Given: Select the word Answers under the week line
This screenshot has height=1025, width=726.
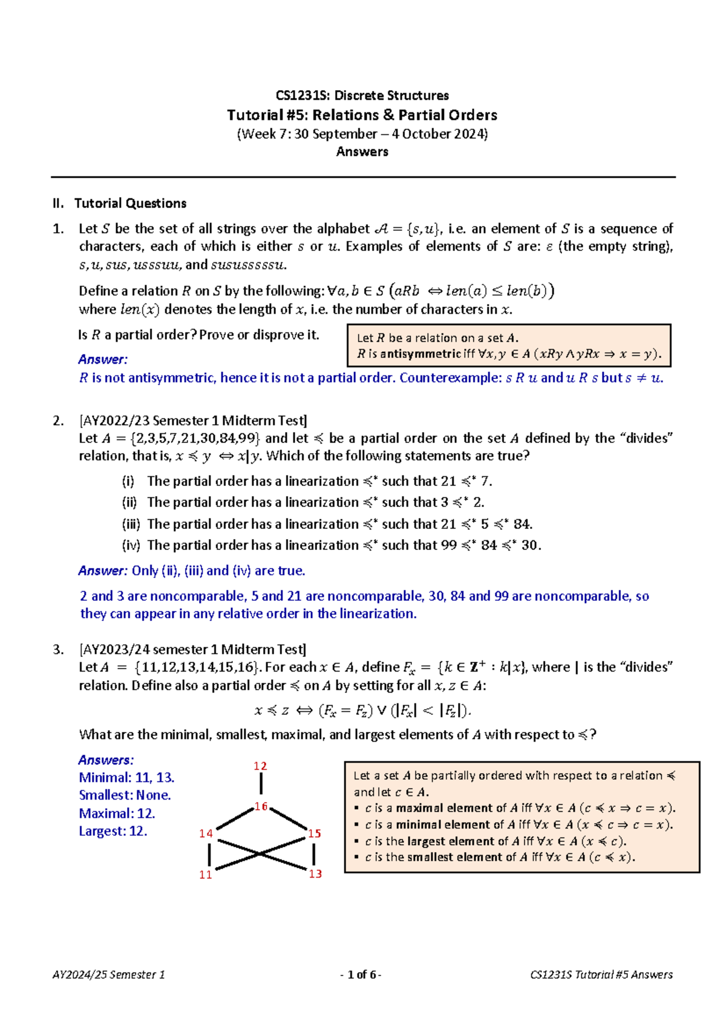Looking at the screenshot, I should [362, 152].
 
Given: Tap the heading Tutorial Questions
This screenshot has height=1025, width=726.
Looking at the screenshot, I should [130, 203].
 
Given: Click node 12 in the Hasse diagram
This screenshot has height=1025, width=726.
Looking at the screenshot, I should [260, 766].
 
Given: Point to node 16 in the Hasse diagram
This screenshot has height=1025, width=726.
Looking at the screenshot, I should [261, 806].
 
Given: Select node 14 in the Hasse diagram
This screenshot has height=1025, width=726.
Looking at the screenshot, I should [206, 833].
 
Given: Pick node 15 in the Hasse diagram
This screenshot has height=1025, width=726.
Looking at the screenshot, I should [315, 833].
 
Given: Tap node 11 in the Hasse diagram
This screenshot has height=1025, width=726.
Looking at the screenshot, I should [206, 875].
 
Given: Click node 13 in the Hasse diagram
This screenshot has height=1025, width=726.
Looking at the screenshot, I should [315, 874].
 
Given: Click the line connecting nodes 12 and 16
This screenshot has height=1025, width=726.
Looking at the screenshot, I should [261, 784].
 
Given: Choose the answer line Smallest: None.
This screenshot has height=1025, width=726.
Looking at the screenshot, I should [125, 795].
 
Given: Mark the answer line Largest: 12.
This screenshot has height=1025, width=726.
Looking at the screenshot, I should [113, 831].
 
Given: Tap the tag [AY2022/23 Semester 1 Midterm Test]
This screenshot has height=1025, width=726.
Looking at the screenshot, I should [193, 421].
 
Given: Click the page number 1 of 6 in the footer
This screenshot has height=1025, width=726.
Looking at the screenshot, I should [361, 974].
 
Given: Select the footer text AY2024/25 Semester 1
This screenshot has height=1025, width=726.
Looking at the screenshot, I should [109, 974].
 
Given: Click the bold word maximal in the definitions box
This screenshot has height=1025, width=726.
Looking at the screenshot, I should [419, 808].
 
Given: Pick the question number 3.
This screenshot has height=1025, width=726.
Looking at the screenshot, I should [58, 650].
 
